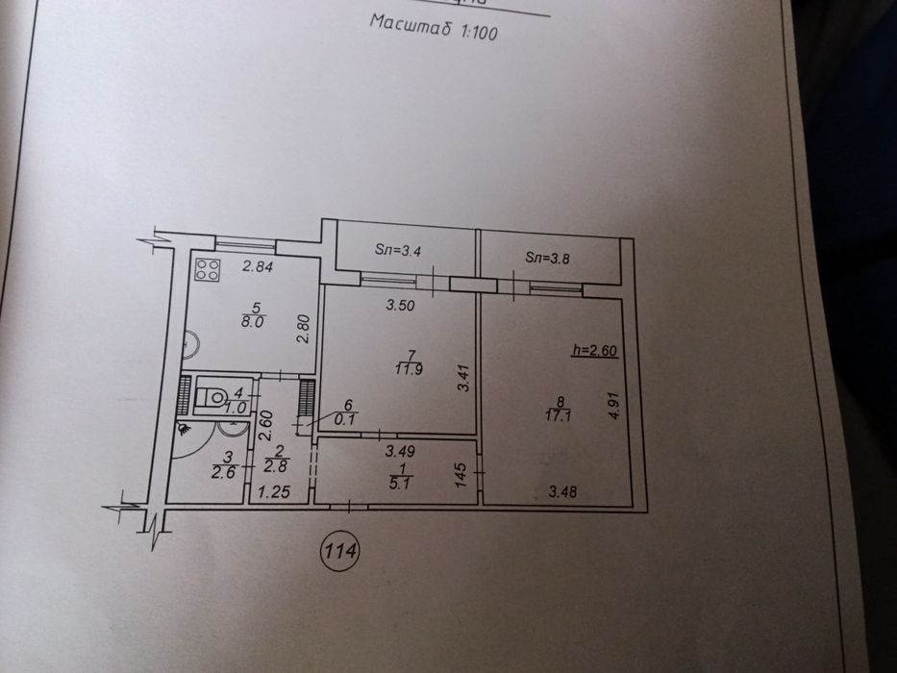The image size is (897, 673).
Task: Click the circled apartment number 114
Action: (340, 552)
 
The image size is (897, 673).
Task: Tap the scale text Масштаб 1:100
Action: (434, 27)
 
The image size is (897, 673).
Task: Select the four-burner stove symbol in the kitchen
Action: (207, 270)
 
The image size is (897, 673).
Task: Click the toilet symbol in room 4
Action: (211, 397)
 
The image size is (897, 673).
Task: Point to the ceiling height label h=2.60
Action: (595, 350)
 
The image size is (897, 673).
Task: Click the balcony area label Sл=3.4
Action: (398, 250)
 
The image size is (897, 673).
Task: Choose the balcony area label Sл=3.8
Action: (547, 258)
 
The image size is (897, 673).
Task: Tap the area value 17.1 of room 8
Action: (559, 415)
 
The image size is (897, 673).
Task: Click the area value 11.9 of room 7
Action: (409, 369)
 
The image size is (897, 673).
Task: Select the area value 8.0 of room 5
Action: (252, 322)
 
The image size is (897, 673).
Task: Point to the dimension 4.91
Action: (613, 405)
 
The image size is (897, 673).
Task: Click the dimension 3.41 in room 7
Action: (463, 378)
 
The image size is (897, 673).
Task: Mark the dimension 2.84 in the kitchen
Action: (258, 266)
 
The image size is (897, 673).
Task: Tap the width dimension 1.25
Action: (274, 491)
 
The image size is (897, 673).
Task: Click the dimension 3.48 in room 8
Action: (562, 491)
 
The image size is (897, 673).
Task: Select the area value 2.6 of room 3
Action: (223, 473)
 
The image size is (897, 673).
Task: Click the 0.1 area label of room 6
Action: (346, 420)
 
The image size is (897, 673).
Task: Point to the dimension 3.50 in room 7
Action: (400, 306)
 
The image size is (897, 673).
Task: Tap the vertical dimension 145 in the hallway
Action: (461, 475)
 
